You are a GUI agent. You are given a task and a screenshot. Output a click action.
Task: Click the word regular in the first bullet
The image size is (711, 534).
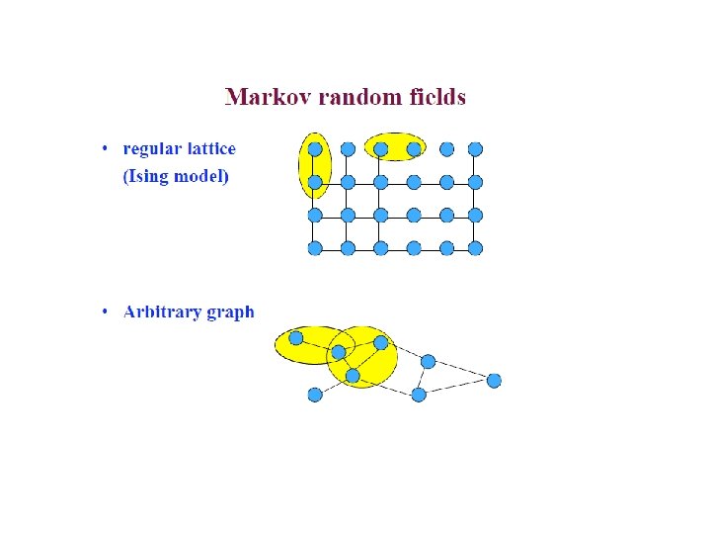(150, 149)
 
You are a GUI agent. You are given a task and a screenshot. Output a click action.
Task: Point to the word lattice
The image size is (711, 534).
(209, 149)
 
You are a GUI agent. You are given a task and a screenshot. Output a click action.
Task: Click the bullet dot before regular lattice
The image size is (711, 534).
(105, 150)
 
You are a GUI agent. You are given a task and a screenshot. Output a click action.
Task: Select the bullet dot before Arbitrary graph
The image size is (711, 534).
(105, 313)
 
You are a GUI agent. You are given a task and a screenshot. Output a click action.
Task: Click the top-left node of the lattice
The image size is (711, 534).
(315, 149)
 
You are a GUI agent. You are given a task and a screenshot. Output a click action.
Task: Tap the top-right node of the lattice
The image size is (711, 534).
(475, 149)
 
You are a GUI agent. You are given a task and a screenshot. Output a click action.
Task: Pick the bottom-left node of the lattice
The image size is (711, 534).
(315, 248)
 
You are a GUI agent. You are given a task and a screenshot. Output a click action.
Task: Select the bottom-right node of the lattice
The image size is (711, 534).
(475, 248)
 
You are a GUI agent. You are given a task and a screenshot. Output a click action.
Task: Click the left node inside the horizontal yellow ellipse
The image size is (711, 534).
(380, 149)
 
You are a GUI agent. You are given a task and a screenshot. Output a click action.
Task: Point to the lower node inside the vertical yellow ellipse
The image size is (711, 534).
(315, 182)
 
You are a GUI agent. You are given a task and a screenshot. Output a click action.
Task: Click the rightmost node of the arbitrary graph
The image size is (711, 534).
(494, 380)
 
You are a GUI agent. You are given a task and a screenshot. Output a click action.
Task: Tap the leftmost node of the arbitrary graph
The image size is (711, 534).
(295, 338)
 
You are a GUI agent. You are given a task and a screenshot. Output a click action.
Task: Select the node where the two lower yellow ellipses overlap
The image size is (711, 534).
(339, 352)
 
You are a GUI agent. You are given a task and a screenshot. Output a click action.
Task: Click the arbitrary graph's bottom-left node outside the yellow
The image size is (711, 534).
(315, 395)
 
